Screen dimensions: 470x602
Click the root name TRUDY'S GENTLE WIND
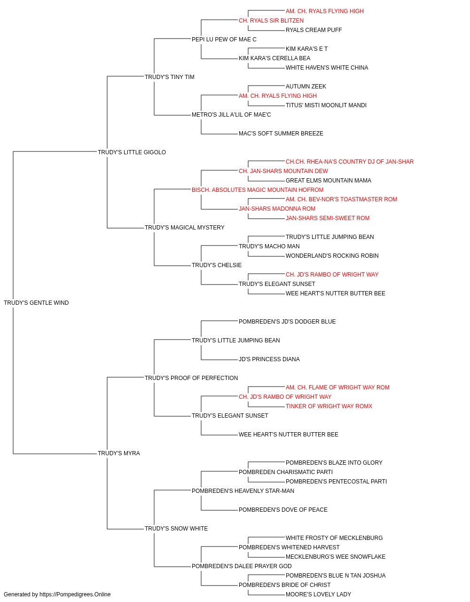[x=36, y=303]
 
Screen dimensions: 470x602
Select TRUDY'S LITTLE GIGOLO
[x=132, y=152]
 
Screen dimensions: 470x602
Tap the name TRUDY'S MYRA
[x=119, y=453]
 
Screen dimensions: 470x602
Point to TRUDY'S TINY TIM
[x=169, y=77]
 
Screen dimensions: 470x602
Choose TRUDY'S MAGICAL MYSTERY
[x=184, y=228]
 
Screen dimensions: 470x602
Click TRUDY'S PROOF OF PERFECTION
[x=191, y=378]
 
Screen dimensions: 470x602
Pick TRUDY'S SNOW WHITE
[x=176, y=528]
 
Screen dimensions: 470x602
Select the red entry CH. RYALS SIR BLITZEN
[x=271, y=21]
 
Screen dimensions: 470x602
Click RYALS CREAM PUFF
[x=313, y=30]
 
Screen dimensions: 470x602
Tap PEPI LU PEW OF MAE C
[x=224, y=40]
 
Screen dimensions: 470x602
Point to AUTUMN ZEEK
[x=305, y=87]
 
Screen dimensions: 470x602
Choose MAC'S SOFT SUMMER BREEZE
[x=281, y=134]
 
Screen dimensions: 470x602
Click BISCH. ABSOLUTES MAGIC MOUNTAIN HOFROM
[x=258, y=190]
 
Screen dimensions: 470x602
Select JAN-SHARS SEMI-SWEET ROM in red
[x=328, y=218]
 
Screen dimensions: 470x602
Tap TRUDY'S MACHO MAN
[x=269, y=246]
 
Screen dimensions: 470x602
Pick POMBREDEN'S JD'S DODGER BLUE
[x=287, y=322]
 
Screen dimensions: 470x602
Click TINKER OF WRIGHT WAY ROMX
[x=329, y=406]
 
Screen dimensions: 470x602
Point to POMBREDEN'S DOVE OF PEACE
[x=283, y=510]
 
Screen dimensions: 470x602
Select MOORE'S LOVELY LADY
[x=318, y=594]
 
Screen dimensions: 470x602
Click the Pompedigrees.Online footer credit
[x=57, y=594]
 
